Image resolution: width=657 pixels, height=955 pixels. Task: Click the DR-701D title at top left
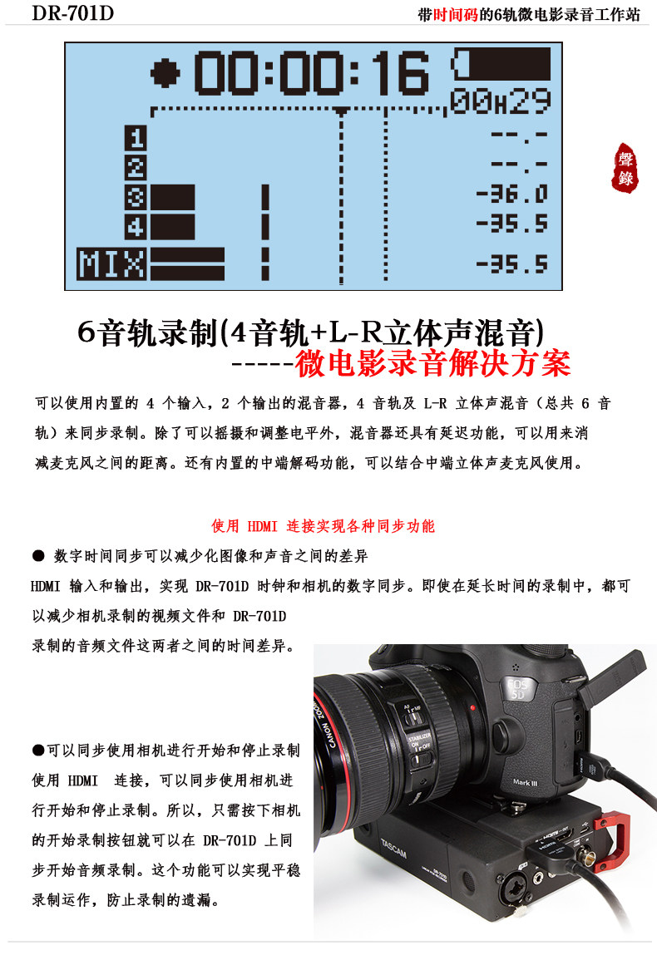point(73,14)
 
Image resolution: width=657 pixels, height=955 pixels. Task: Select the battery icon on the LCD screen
point(501,63)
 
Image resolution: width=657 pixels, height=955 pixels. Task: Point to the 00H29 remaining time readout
point(501,102)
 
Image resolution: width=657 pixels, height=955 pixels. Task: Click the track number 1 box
point(136,138)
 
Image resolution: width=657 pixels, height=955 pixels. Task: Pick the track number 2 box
point(136,167)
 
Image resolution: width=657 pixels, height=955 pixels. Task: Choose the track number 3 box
point(136,197)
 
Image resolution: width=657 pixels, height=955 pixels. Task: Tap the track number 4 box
point(136,226)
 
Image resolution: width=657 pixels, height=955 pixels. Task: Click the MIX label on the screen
point(111,263)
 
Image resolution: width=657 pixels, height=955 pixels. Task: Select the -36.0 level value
point(511,195)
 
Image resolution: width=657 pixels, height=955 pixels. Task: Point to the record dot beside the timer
point(166,73)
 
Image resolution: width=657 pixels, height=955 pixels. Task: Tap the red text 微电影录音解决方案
point(433,363)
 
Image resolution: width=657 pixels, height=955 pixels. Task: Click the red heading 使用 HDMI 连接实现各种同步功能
point(323,526)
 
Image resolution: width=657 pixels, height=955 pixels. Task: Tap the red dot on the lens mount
point(472,707)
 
